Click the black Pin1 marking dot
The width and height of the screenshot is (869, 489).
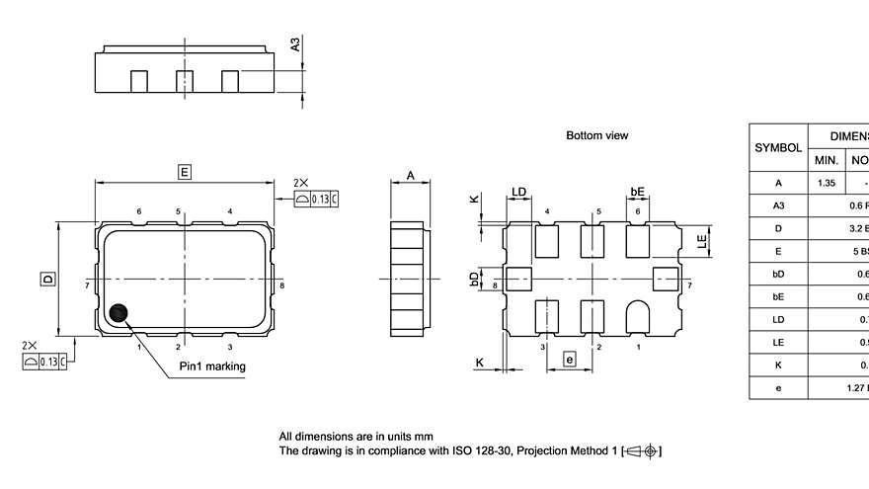pyautogui.click(x=119, y=314)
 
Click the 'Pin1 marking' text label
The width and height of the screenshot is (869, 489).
pyautogui.click(x=212, y=367)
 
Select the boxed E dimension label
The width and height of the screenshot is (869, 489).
pyautogui.click(x=184, y=172)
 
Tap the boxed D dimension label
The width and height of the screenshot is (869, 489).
pyautogui.click(x=46, y=280)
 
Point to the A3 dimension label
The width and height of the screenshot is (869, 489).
pyautogui.click(x=293, y=44)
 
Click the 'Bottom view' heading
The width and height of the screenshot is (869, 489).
pyautogui.click(x=596, y=135)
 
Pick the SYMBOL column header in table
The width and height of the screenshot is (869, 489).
pyautogui.click(x=778, y=147)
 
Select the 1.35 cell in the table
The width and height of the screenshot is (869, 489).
pyautogui.click(x=826, y=183)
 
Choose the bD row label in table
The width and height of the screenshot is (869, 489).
pyautogui.click(x=778, y=274)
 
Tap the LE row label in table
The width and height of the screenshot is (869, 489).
pyautogui.click(x=778, y=343)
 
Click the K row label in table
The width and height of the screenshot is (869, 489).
pyautogui.click(x=778, y=366)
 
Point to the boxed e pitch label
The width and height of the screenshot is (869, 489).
pyautogui.click(x=569, y=360)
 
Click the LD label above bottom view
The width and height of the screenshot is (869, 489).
pyautogui.click(x=518, y=192)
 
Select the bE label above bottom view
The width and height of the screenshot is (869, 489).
pyautogui.click(x=637, y=192)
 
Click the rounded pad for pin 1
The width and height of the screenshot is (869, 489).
pyautogui.click(x=637, y=315)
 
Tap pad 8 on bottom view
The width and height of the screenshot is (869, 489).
pyautogui.click(x=516, y=280)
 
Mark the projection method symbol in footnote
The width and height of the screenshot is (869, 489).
pyautogui.click(x=642, y=451)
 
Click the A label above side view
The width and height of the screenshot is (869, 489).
pyautogui.click(x=411, y=177)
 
